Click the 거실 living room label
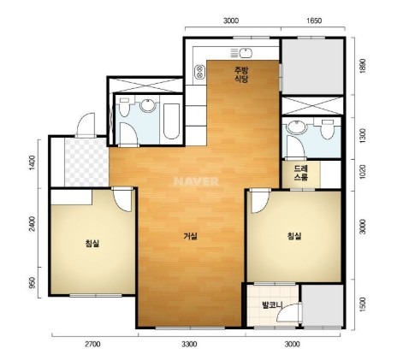pyautogui.click(x=191, y=236)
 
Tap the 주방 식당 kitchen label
pyautogui.click(x=241, y=74)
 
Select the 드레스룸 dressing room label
pyautogui.click(x=301, y=173)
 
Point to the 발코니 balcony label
pyautogui.click(x=272, y=304)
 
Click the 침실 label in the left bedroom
pyautogui.click(x=92, y=243)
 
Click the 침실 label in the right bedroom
pyautogui.click(x=294, y=236)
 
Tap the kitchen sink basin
pyautogui.click(x=246, y=53)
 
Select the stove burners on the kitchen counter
pyautogui.click(x=199, y=72)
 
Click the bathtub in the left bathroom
pyautogui.click(x=172, y=121)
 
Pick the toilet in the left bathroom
pyautogui.click(x=124, y=107)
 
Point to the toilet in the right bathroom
pyautogui.click(x=327, y=129)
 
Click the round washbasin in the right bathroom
pyautogui.click(x=297, y=127)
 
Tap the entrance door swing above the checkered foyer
pyautogui.click(x=86, y=126)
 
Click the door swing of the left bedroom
pyautogui.click(x=122, y=199)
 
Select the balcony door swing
pyautogui.click(x=288, y=313)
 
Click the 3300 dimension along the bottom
pyautogui.click(x=189, y=345)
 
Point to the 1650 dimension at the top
pyautogui.click(x=314, y=21)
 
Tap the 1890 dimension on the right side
pyautogui.click(x=363, y=67)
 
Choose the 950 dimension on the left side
pyautogui.click(x=33, y=283)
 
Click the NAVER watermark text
pyautogui.click(x=196, y=181)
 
